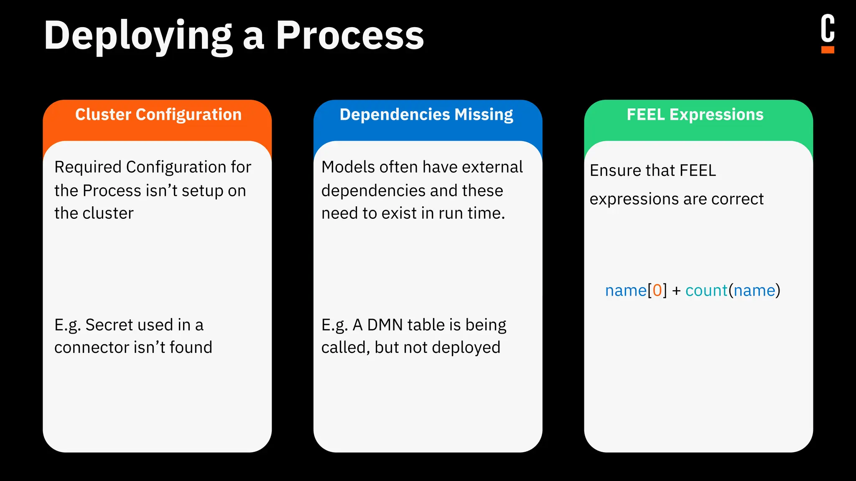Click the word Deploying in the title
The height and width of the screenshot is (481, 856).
click(138, 37)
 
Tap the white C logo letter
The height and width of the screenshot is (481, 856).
click(827, 28)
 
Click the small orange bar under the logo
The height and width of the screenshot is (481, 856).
click(828, 50)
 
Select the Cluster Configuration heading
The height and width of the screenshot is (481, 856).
click(158, 114)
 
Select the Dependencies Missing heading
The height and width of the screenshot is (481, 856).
click(426, 114)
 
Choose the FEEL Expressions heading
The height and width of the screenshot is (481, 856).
click(695, 114)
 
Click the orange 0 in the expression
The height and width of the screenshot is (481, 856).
click(657, 290)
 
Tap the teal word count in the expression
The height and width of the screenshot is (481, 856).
click(706, 290)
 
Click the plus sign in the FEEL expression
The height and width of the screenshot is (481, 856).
click(677, 291)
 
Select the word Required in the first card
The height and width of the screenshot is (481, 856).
click(88, 167)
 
